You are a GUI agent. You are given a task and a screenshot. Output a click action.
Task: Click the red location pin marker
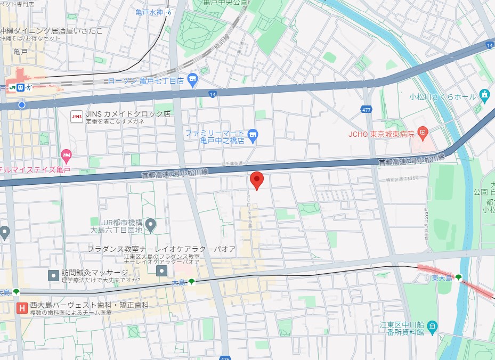257,181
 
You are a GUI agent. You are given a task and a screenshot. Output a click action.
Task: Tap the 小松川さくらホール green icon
484,96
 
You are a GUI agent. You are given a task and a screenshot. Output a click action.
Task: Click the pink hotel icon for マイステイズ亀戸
66,156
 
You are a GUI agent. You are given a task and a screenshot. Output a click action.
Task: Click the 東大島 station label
442,277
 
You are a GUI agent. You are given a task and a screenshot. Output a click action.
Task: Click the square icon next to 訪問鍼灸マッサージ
53,275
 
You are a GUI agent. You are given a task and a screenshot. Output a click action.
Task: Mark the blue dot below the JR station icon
21,105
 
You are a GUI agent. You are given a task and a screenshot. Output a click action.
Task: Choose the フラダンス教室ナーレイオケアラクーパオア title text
161,249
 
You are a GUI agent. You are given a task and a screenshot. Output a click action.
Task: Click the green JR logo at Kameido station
12,87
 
